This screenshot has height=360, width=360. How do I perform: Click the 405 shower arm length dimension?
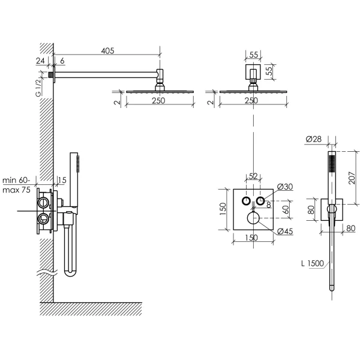[107, 52]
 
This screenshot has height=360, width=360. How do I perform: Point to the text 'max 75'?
[17, 190]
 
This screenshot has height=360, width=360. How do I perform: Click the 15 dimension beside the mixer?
[62, 180]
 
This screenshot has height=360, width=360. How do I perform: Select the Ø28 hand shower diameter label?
[313, 139]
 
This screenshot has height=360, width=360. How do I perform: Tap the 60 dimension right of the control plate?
[286, 210]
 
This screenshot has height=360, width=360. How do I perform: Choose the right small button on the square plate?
[261, 200]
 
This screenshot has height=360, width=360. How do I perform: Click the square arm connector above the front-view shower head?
[253, 73]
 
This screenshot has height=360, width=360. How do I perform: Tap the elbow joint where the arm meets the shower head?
[160, 76]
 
